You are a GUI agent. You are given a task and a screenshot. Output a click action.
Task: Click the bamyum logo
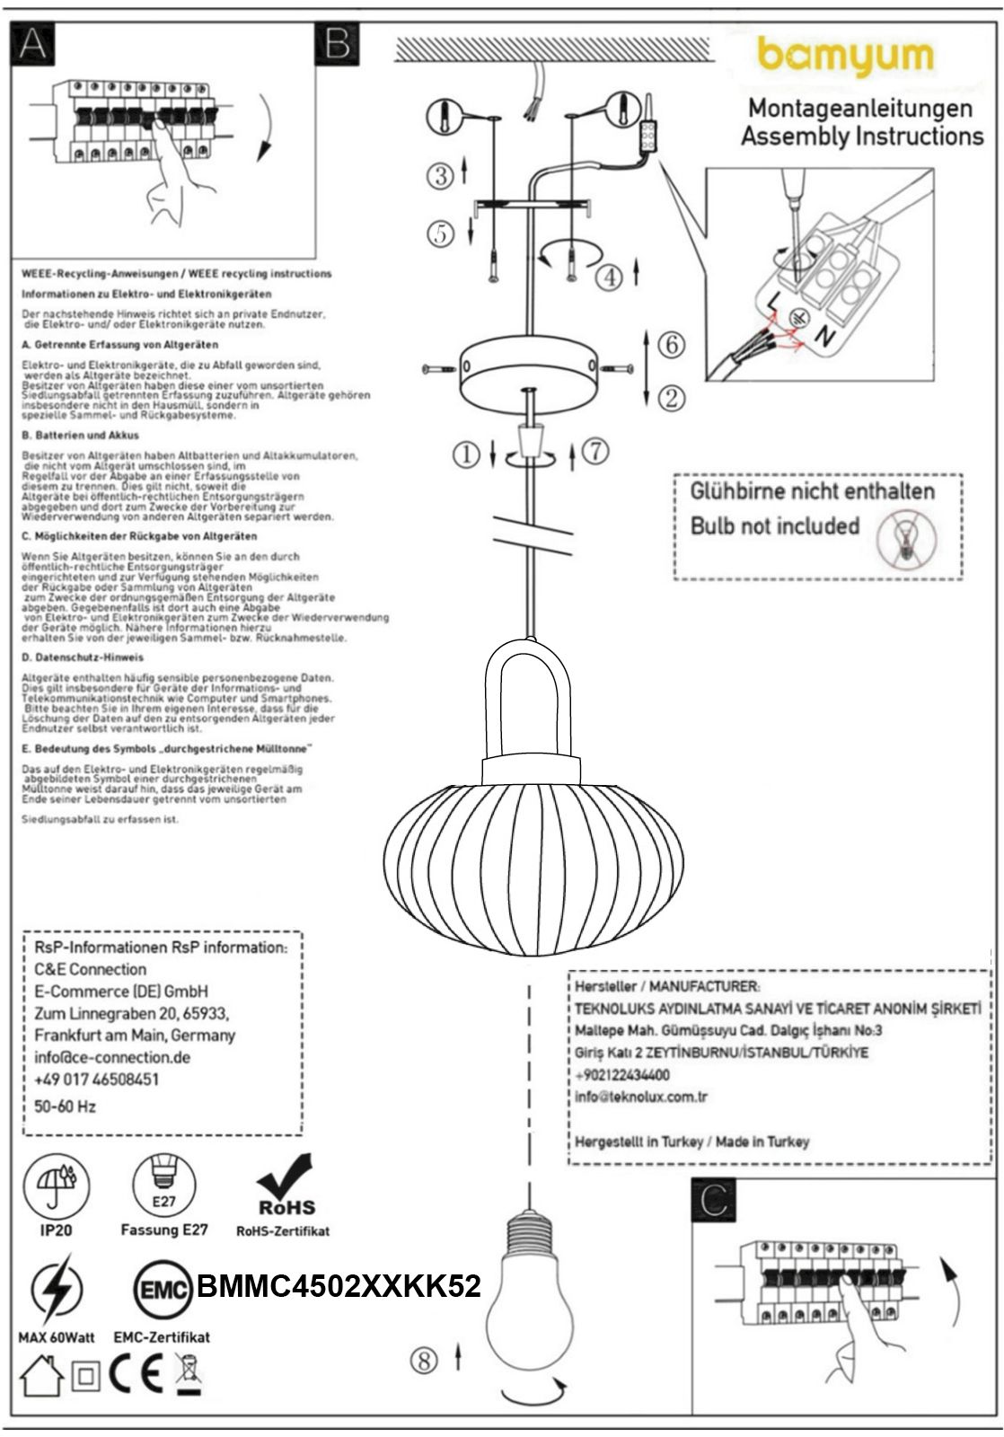(x=845, y=57)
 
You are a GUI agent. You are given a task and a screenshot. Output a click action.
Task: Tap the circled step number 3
(x=440, y=174)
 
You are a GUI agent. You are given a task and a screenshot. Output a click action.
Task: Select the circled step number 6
(x=671, y=344)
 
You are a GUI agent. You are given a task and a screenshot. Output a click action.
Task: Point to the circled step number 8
(x=424, y=1360)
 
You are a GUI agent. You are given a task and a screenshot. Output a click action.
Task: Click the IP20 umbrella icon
(x=57, y=1183)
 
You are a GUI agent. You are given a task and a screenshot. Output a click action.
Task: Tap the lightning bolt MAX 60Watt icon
(x=56, y=1291)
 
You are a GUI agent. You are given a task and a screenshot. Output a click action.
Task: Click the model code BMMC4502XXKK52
(x=339, y=1286)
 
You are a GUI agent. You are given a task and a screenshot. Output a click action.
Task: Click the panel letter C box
(x=713, y=1199)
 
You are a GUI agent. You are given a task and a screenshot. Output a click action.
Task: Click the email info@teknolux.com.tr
(x=641, y=1097)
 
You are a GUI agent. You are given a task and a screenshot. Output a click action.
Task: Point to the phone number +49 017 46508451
(x=96, y=1079)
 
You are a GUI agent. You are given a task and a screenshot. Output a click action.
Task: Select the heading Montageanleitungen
(x=860, y=109)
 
